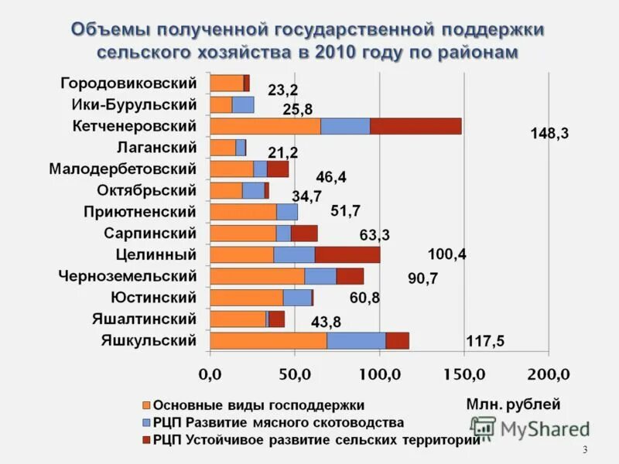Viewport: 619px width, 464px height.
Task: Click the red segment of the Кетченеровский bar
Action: [x=416, y=126]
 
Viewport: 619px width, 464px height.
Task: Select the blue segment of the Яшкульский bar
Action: [x=356, y=340]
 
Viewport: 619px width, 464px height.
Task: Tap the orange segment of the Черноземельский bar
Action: [x=257, y=276]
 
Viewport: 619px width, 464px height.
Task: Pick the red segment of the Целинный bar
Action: [x=347, y=254]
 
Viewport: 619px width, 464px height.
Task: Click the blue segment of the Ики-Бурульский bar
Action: [x=243, y=104]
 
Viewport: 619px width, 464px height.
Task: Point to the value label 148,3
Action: [x=549, y=134]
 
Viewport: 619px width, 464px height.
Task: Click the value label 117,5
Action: [x=485, y=341]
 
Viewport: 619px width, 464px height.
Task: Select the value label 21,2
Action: [x=282, y=152]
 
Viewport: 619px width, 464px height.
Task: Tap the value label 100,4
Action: [x=447, y=254]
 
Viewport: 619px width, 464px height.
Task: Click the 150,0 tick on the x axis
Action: [x=464, y=375]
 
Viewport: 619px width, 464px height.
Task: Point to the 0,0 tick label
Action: [x=210, y=375]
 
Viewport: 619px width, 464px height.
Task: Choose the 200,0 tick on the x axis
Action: [x=548, y=375]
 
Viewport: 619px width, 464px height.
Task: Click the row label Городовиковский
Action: [x=128, y=83]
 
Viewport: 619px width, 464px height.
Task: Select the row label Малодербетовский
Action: [x=122, y=169]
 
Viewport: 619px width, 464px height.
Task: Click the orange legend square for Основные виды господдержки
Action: [x=145, y=404]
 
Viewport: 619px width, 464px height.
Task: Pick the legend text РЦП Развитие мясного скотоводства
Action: [x=279, y=422]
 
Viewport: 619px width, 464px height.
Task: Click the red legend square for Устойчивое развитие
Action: [x=145, y=440]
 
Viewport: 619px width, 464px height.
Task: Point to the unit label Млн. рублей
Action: [x=513, y=404]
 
